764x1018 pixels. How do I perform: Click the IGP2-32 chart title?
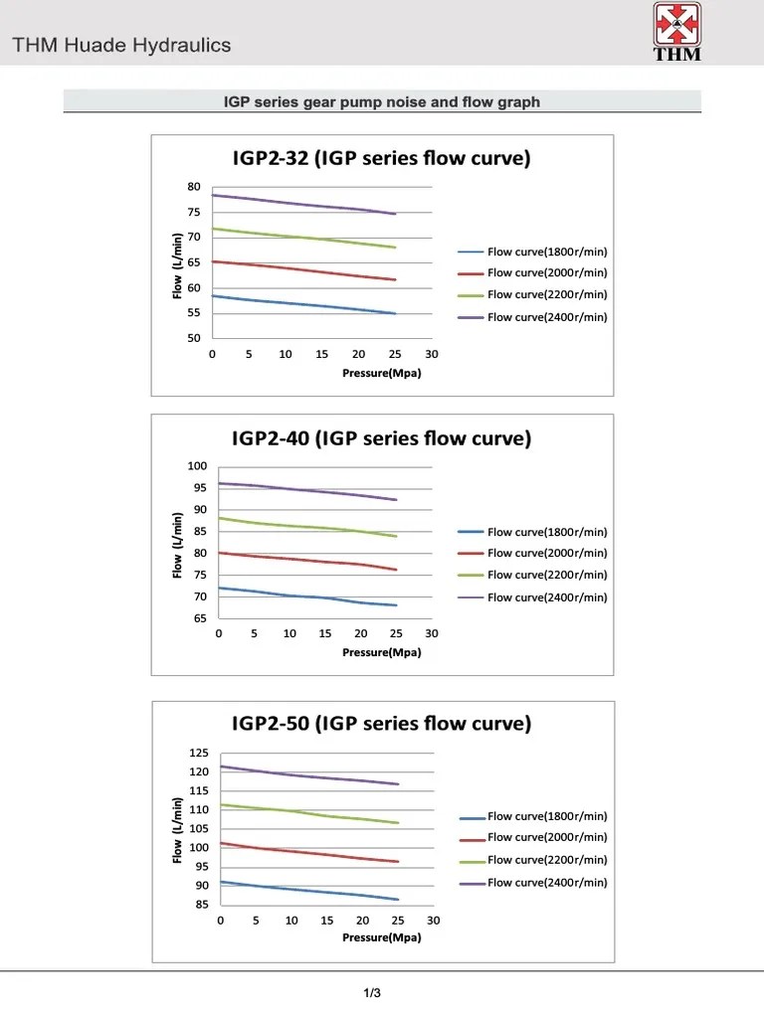(x=382, y=158)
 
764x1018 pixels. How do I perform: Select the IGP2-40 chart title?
(x=382, y=438)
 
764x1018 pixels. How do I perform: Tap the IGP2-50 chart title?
(x=382, y=724)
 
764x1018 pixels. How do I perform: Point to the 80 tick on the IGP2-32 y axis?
(x=194, y=187)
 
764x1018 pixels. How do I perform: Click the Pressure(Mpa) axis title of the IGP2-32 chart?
(x=368, y=373)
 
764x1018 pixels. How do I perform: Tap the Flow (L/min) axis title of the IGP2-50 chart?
(x=177, y=830)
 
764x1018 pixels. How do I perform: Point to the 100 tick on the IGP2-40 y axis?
(x=197, y=466)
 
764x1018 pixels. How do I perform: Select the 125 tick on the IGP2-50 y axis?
(x=199, y=753)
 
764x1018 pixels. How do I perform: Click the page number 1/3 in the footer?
(x=372, y=992)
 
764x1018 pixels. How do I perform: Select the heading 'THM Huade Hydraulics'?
(x=121, y=45)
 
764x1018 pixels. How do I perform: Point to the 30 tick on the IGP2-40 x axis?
(x=432, y=633)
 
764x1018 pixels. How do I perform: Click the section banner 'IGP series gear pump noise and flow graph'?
(x=382, y=102)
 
